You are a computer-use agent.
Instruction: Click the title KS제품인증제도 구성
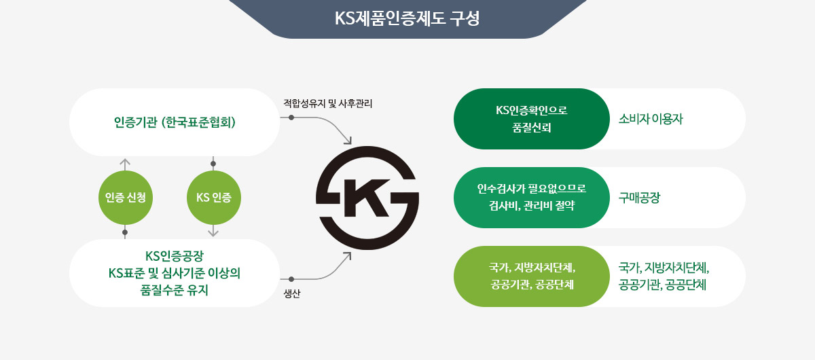(407, 18)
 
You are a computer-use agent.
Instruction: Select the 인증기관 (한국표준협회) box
(175, 122)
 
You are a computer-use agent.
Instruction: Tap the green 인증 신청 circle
(126, 198)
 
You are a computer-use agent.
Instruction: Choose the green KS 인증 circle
(214, 198)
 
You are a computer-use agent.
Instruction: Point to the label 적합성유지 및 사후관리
(328, 104)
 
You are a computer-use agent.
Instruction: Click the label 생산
(292, 293)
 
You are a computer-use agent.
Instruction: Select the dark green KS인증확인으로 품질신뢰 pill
(532, 119)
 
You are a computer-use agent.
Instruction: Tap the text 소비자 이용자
(651, 119)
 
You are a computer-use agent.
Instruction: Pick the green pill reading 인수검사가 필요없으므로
(532, 198)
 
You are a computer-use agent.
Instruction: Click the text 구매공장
(639, 198)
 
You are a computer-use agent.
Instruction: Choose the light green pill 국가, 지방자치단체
(532, 276)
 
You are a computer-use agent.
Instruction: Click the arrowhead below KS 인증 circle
(213, 232)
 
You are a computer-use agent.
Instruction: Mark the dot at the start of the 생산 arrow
(291, 279)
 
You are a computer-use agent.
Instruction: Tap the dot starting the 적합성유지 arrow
(291, 118)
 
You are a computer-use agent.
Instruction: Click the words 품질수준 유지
(175, 290)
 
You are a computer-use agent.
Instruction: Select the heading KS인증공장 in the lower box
(175, 256)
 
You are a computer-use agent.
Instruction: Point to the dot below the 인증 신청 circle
(125, 232)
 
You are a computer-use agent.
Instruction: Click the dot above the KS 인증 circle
(213, 164)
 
